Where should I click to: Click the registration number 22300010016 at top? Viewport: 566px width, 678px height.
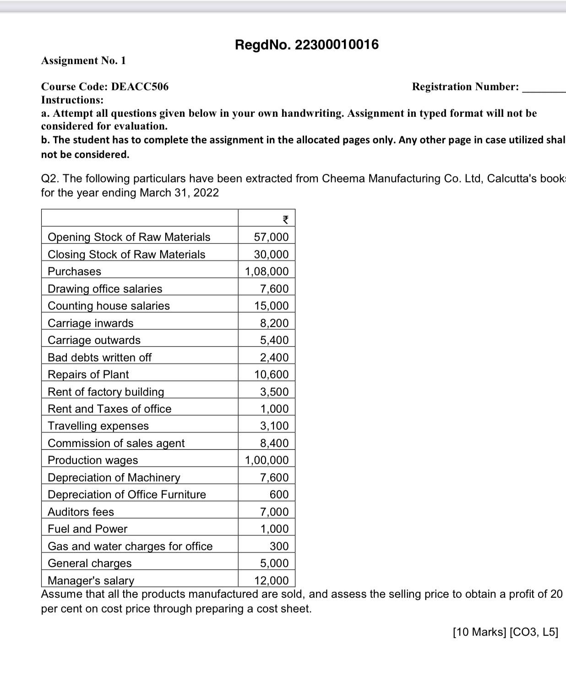point(337,45)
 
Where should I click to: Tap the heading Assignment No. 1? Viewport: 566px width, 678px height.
point(83,60)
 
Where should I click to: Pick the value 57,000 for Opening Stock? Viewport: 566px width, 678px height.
point(271,237)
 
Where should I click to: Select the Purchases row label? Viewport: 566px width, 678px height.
point(74,271)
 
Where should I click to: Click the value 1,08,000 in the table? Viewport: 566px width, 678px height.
point(267,271)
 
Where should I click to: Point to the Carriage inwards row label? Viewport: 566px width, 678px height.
point(91,323)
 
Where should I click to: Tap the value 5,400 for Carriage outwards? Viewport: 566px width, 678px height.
point(274,340)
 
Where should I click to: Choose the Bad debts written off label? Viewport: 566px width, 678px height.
point(99,357)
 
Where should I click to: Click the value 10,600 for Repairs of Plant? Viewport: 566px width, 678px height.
point(272,374)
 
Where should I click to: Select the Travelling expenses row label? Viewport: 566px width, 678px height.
point(98,426)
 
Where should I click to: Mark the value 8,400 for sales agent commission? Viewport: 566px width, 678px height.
point(274,443)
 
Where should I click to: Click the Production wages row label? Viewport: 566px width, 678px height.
point(93,460)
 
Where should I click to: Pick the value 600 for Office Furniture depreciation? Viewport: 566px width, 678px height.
point(279,494)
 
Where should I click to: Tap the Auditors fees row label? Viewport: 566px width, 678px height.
point(81,512)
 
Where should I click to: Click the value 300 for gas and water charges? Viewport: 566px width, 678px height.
point(279,546)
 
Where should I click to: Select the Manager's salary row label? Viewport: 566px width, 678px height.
point(91,580)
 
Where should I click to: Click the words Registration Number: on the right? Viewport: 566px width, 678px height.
point(465,87)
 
